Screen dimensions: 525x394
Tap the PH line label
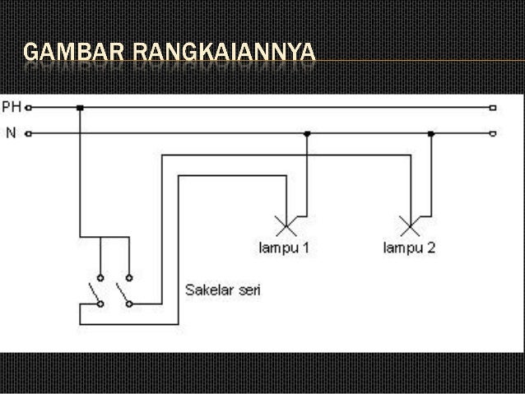[x=12, y=107]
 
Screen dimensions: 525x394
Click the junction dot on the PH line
[x=80, y=108]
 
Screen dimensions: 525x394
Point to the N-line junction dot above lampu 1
[x=307, y=132]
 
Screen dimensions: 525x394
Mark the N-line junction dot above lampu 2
[x=430, y=132]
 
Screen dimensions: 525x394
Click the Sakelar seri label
[x=223, y=290]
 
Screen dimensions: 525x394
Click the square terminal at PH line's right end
[x=493, y=108]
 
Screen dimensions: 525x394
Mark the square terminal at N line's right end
[x=493, y=133]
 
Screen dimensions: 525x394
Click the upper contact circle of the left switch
[x=100, y=278]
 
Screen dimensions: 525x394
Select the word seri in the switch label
[x=248, y=290]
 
